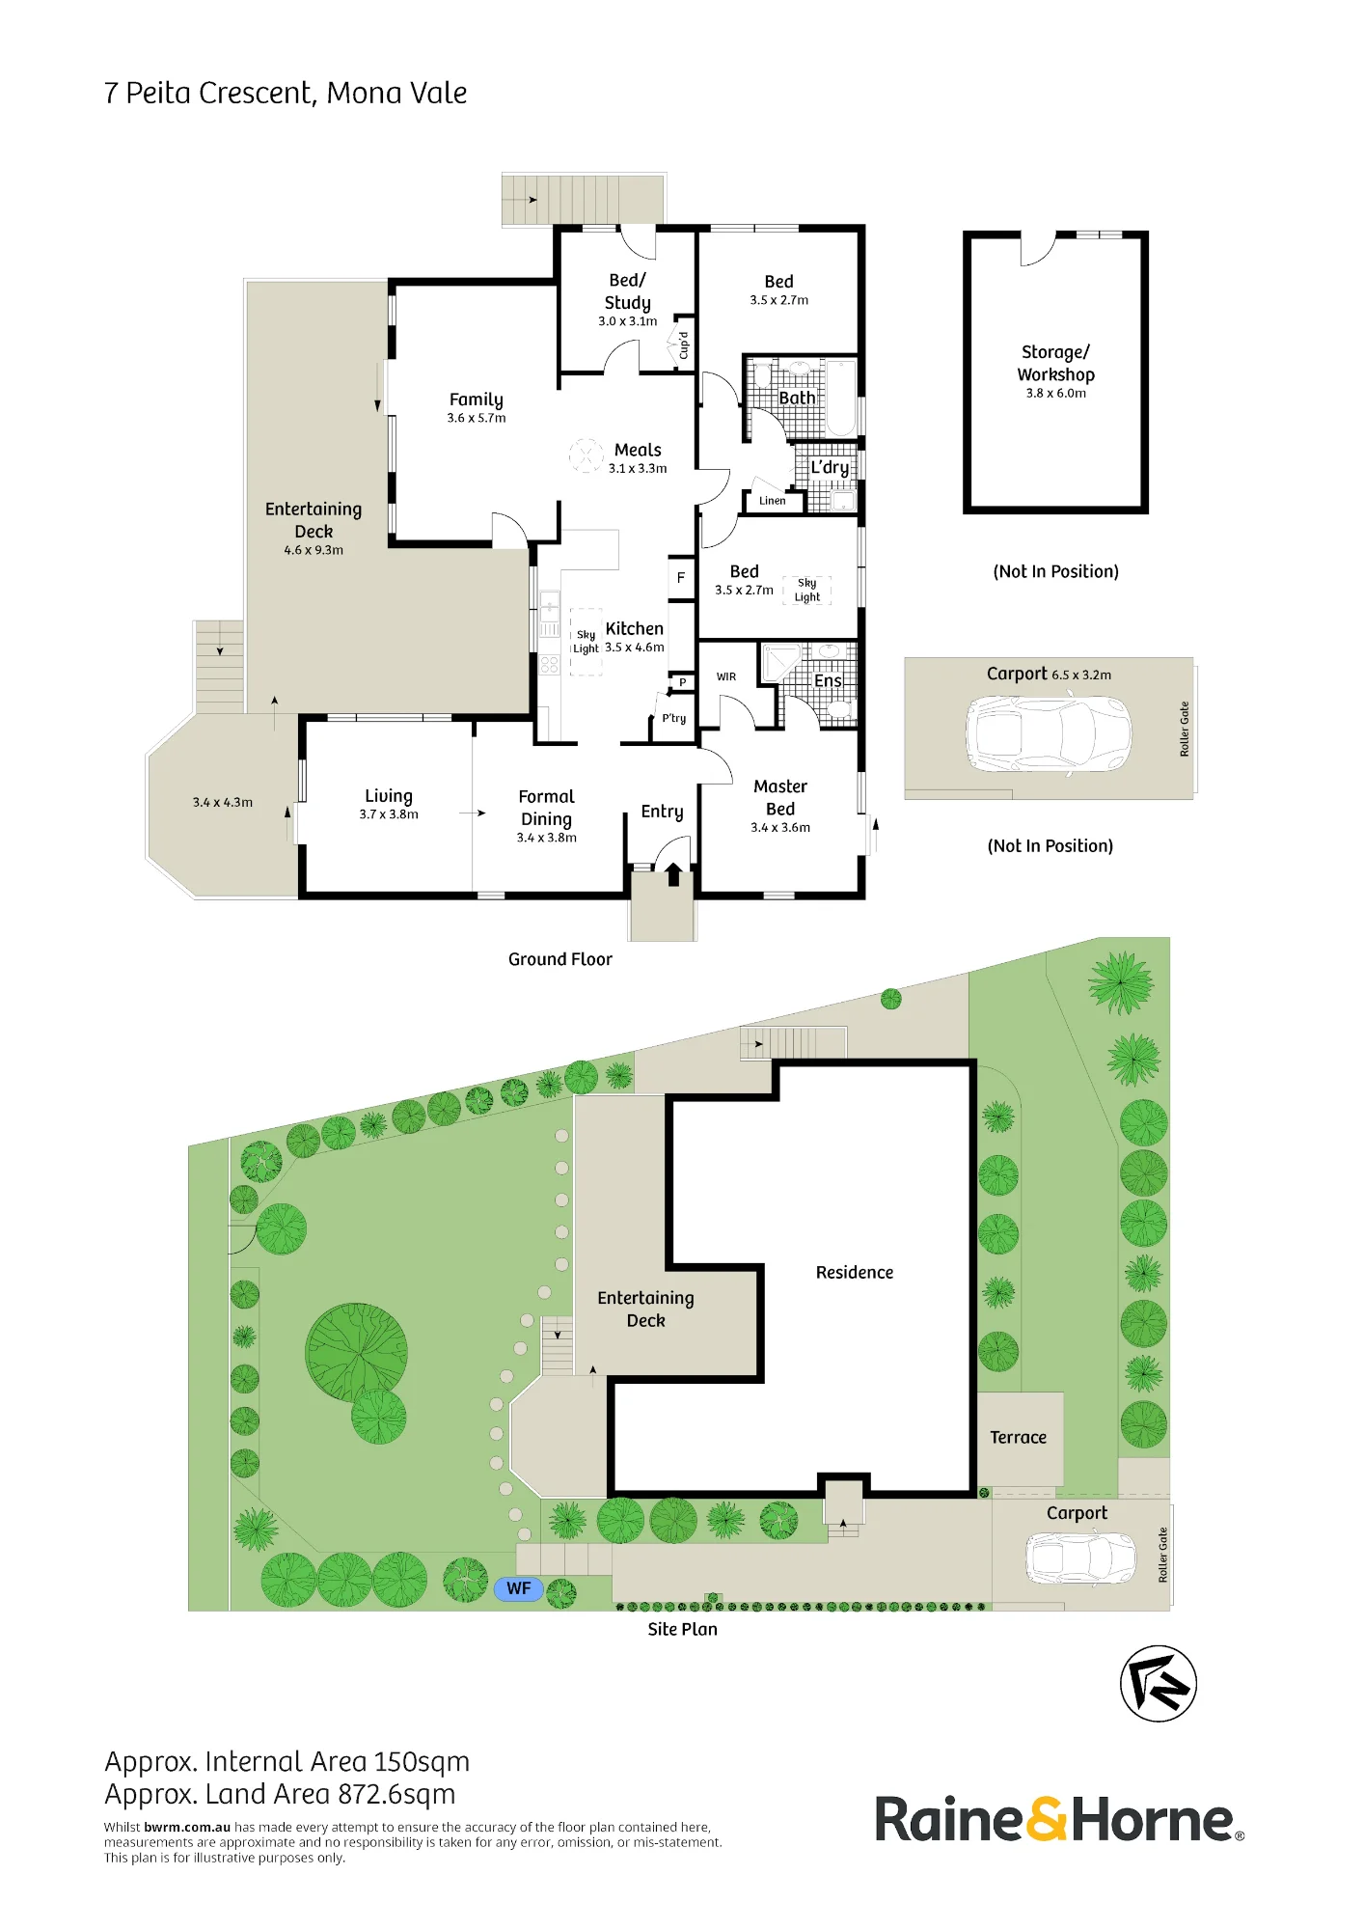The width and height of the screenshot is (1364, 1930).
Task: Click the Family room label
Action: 477,400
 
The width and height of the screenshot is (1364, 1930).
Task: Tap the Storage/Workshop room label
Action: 1056,364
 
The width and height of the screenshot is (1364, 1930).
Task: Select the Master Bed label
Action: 780,798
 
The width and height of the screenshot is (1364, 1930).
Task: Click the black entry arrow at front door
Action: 673,874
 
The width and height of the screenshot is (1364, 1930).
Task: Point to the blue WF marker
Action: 519,1588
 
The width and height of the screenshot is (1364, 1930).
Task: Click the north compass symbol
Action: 1158,1684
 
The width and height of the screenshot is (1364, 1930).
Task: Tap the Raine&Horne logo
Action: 1059,1820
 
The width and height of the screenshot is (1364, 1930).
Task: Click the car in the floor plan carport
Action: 1049,734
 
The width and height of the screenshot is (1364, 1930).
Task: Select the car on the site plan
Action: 1080,1558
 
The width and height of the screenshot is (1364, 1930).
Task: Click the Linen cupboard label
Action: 772,501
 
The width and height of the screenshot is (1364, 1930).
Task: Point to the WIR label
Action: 726,677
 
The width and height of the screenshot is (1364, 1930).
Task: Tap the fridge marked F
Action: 681,578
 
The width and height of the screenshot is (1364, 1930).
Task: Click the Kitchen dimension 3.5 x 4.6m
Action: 635,648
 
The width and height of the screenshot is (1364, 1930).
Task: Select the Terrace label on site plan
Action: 1018,1438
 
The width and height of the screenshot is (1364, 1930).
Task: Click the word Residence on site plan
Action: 855,1273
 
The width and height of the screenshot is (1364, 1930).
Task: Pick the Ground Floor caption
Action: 560,959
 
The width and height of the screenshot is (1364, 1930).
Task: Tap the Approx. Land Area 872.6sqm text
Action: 280,1795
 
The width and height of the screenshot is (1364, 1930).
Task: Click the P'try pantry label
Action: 674,719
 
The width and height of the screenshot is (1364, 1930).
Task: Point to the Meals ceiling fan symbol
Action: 586,455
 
